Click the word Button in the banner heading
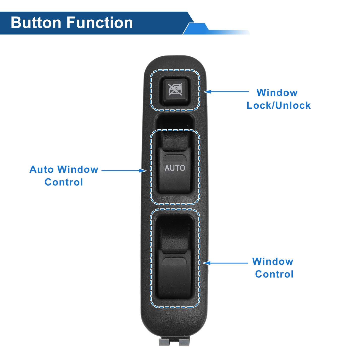(x=36, y=22)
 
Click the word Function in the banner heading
(x=100, y=22)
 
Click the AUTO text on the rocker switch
(x=175, y=168)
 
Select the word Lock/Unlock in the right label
(x=279, y=105)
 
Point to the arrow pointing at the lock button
(x=226, y=92)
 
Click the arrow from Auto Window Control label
(x=124, y=171)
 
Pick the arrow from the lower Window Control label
(x=225, y=263)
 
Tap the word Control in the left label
(x=64, y=182)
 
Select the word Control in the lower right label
(x=274, y=274)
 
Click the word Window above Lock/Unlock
(x=277, y=93)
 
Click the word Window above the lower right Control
(x=273, y=261)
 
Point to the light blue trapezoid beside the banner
(x=196, y=29)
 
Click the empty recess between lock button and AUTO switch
(x=175, y=121)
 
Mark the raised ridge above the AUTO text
(x=174, y=158)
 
